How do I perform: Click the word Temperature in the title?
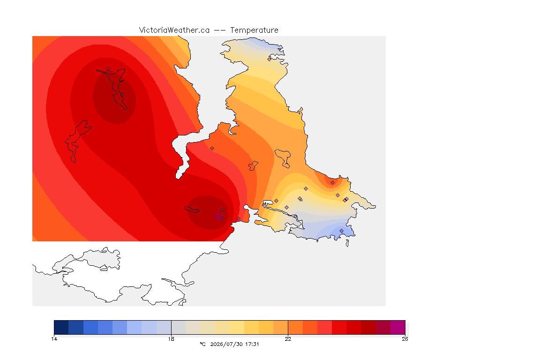tap(254, 30)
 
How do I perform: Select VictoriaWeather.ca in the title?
tap(174, 30)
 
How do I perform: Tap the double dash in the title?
tap(220, 30)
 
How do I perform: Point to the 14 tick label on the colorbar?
tap(54, 339)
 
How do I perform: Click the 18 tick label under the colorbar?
tap(171, 339)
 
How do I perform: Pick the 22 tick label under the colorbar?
tap(288, 339)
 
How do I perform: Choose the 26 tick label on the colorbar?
tap(405, 339)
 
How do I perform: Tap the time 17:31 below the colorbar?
tap(252, 344)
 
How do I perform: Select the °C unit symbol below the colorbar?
tap(203, 344)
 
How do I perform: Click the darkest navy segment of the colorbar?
tap(61, 327)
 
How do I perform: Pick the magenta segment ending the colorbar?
tap(398, 327)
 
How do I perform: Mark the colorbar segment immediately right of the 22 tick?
tap(295, 327)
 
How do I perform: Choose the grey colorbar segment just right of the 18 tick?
tap(179, 327)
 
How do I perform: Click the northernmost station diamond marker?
tap(270, 59)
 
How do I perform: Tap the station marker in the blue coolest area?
tap(341, 231)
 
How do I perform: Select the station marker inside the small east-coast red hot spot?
tap(332, 183)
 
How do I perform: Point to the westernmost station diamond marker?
tap(108, 69)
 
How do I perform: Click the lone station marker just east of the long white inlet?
tap(212, 149)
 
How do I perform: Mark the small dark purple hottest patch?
tap(217, 216)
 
